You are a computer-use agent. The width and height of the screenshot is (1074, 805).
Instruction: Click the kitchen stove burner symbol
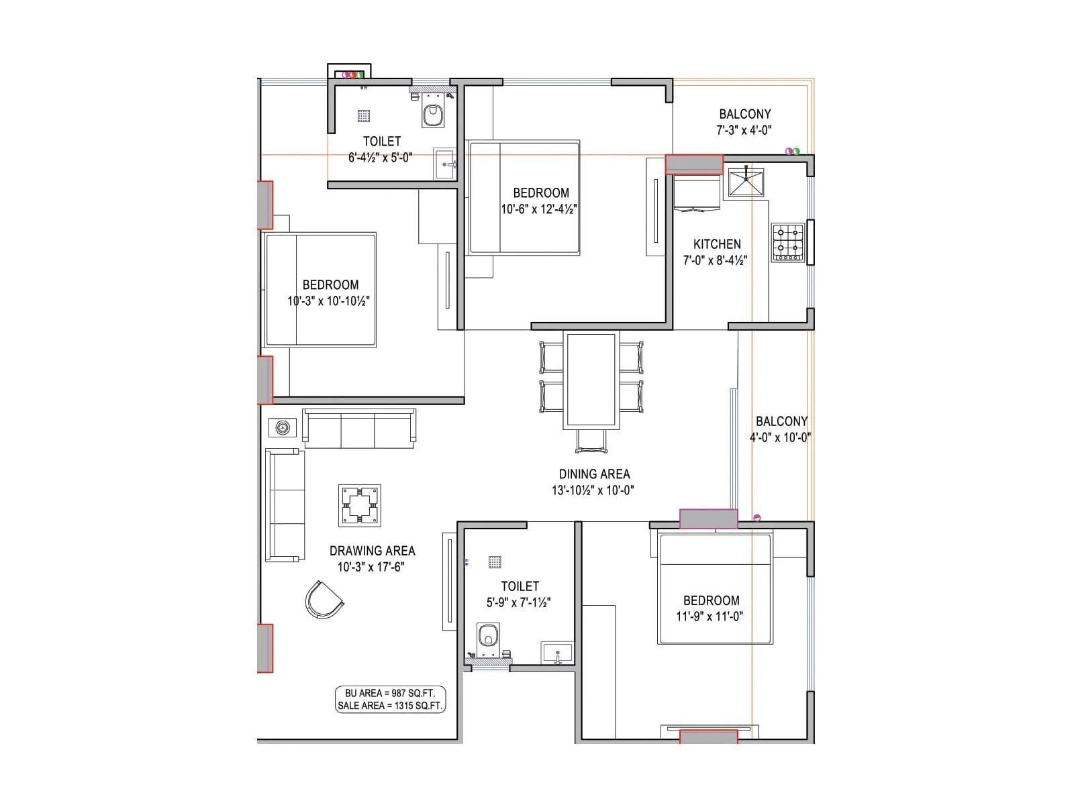(x=787, y=243)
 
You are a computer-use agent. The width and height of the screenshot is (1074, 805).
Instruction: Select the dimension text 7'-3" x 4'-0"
(x=744, y=130)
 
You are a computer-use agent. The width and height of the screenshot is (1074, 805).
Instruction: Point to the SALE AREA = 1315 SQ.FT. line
(x=390, y=706)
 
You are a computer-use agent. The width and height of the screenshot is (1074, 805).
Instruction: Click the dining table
(x=591, y=380)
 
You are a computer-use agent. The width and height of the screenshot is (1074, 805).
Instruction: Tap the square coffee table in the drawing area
(x=360, y=506)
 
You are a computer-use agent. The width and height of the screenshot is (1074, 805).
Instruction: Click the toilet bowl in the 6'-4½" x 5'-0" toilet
(x=433, y=115)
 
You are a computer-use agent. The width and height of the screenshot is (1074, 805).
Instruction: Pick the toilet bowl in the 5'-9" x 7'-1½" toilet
(x=488, y=635)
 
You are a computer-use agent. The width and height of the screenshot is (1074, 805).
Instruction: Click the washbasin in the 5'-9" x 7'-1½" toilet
(x=557, y=652)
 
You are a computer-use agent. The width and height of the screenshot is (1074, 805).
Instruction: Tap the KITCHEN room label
(x=717, y=244)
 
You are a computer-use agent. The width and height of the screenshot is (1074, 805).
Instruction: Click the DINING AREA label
(x=594, y=474)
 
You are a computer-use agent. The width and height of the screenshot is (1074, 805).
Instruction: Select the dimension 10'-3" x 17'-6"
(x=371, y=567)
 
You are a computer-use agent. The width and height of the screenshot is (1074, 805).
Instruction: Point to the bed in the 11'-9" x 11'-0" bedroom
(x=716, y=588)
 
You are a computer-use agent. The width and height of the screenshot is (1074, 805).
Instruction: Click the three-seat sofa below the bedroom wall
(x=359, y=429)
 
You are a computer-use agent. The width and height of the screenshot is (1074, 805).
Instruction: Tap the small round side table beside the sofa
(x=282, y=427)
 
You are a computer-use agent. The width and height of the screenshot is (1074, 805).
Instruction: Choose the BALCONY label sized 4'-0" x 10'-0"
(x=781, y=421)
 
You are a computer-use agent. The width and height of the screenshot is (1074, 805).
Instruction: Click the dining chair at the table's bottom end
(x=591, y=441)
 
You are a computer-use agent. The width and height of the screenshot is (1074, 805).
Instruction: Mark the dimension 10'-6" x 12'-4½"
(x=539, y=209)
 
